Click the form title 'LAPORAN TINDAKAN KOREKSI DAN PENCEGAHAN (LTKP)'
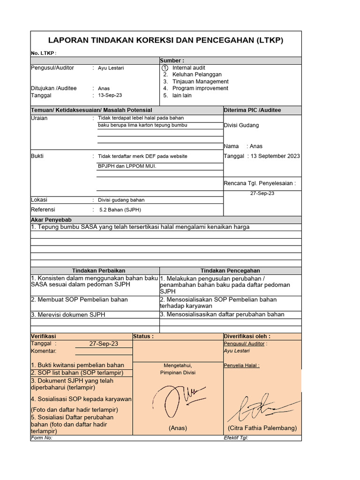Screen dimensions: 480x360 point(166,40)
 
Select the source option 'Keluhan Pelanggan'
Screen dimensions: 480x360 point(197,75)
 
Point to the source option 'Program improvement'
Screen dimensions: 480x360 point(200,88)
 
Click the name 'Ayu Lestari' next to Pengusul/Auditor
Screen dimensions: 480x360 point(111,68)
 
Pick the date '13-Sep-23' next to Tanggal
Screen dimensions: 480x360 point(110,95)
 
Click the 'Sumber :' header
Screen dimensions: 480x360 point(172,60)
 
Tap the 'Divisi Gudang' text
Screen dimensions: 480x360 point(241,125)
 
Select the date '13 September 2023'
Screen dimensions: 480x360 point(274,156)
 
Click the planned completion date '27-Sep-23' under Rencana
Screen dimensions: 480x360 point(262,193)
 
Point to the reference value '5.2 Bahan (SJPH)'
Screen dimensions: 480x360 point(120,210)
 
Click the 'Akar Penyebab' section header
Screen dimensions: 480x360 point(51,219)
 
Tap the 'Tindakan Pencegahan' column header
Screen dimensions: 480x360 point(230,270)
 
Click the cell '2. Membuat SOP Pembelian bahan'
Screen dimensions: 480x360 point(79,300)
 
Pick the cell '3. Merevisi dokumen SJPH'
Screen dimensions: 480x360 point(68,315)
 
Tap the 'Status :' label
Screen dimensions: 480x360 point(143,336)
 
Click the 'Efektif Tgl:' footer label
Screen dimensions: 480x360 point(236,438)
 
